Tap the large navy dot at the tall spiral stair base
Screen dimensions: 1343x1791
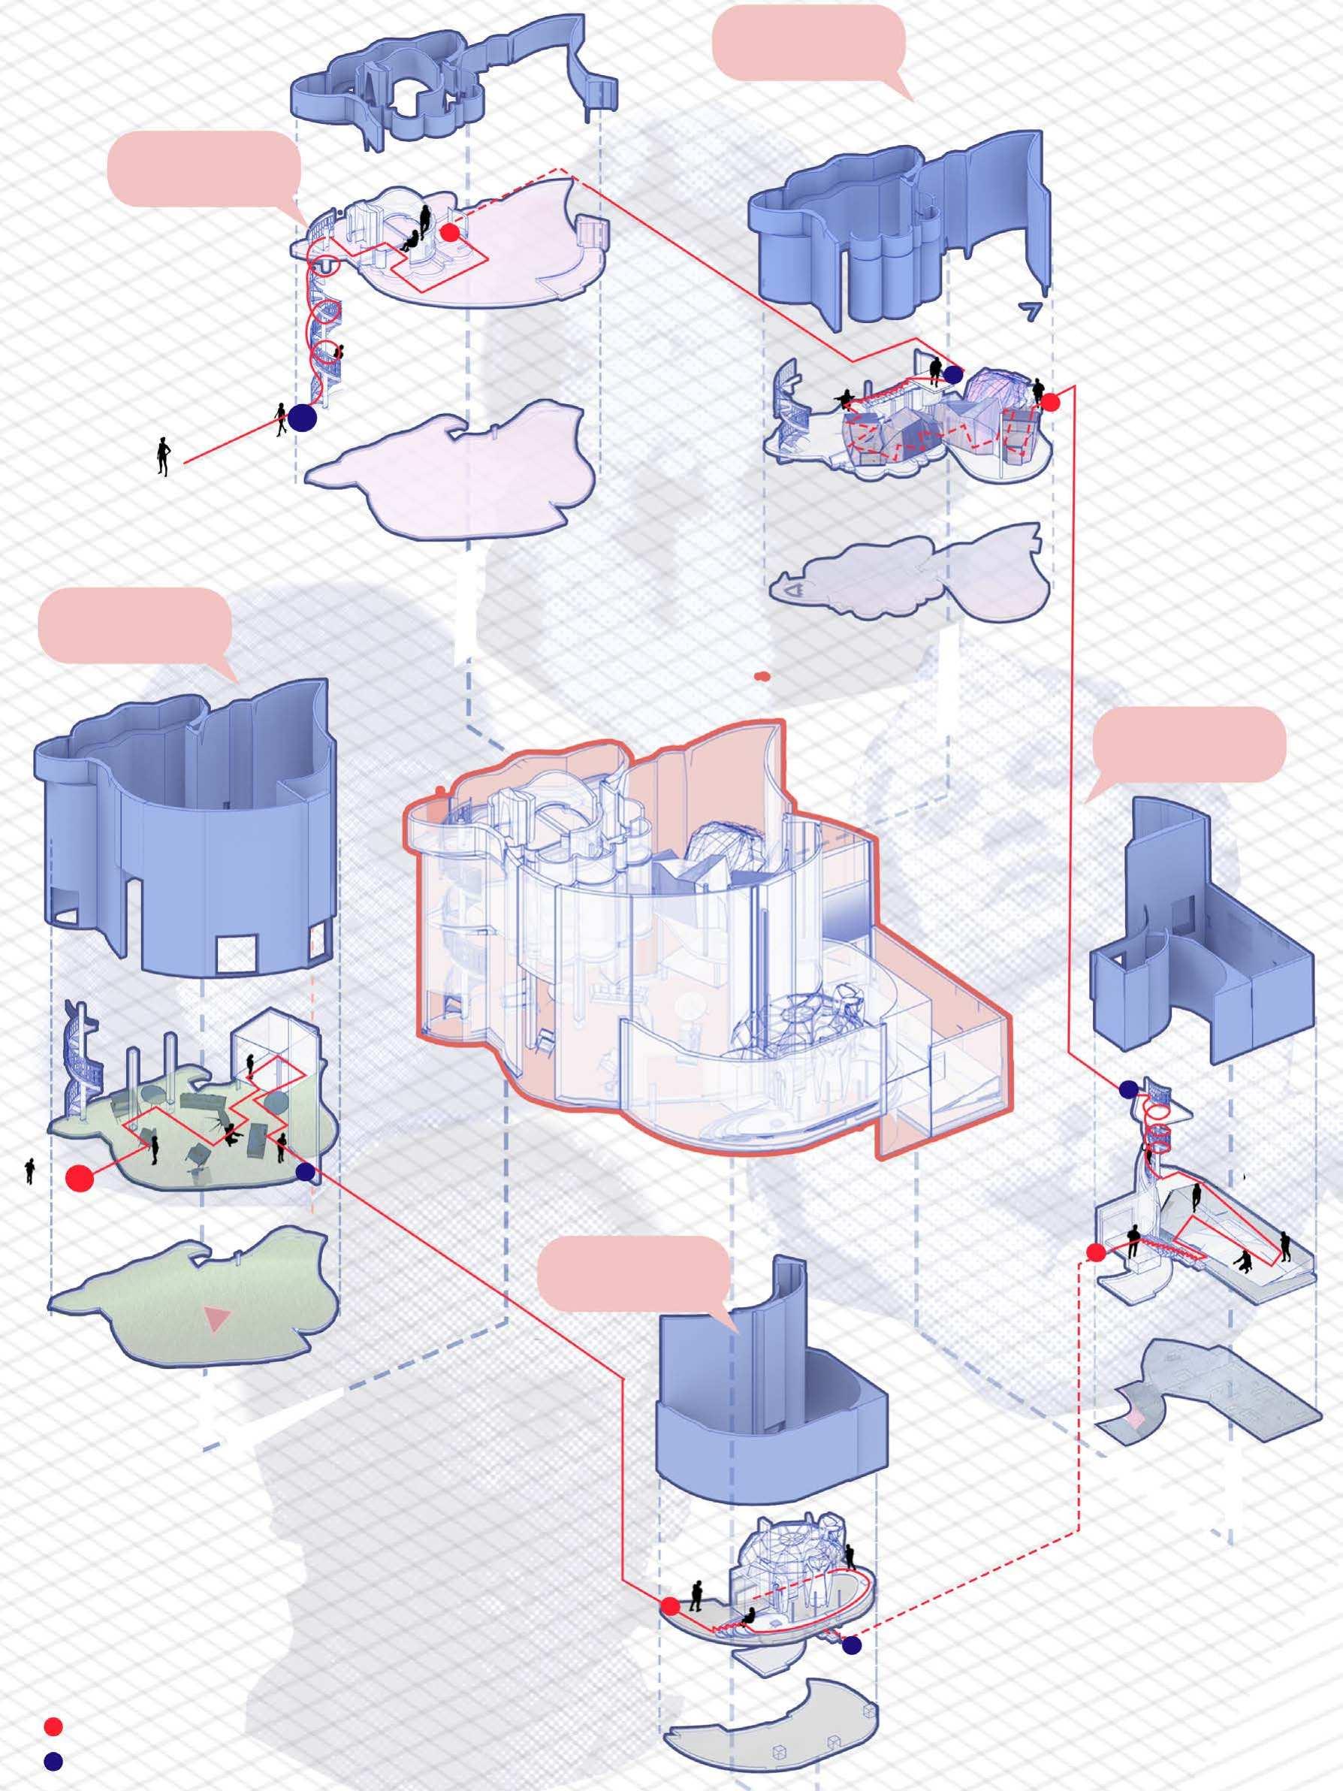302,418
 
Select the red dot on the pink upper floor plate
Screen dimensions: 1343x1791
450,232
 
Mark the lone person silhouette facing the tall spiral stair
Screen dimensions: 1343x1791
163,457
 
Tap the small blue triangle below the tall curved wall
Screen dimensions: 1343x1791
1031,313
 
